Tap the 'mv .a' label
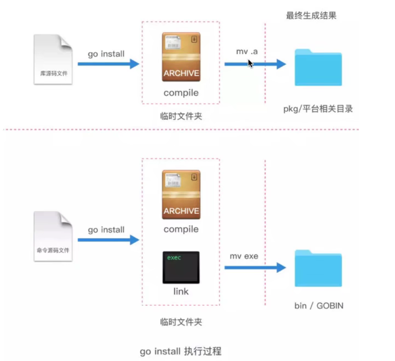[247, 52]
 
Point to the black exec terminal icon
[181, 267]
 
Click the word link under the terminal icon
[181, 291]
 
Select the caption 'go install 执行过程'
[181, 351]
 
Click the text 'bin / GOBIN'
[319, 305]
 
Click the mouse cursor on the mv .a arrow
[250, 63]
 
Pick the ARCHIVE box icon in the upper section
[181, 57]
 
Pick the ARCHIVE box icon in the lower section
[181, 194]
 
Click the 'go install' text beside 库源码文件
[106, 53]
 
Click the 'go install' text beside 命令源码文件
[106, 230]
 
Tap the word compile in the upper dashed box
[181, 93]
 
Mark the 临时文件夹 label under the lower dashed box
[181, 322]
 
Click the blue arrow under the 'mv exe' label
[255, 267]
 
